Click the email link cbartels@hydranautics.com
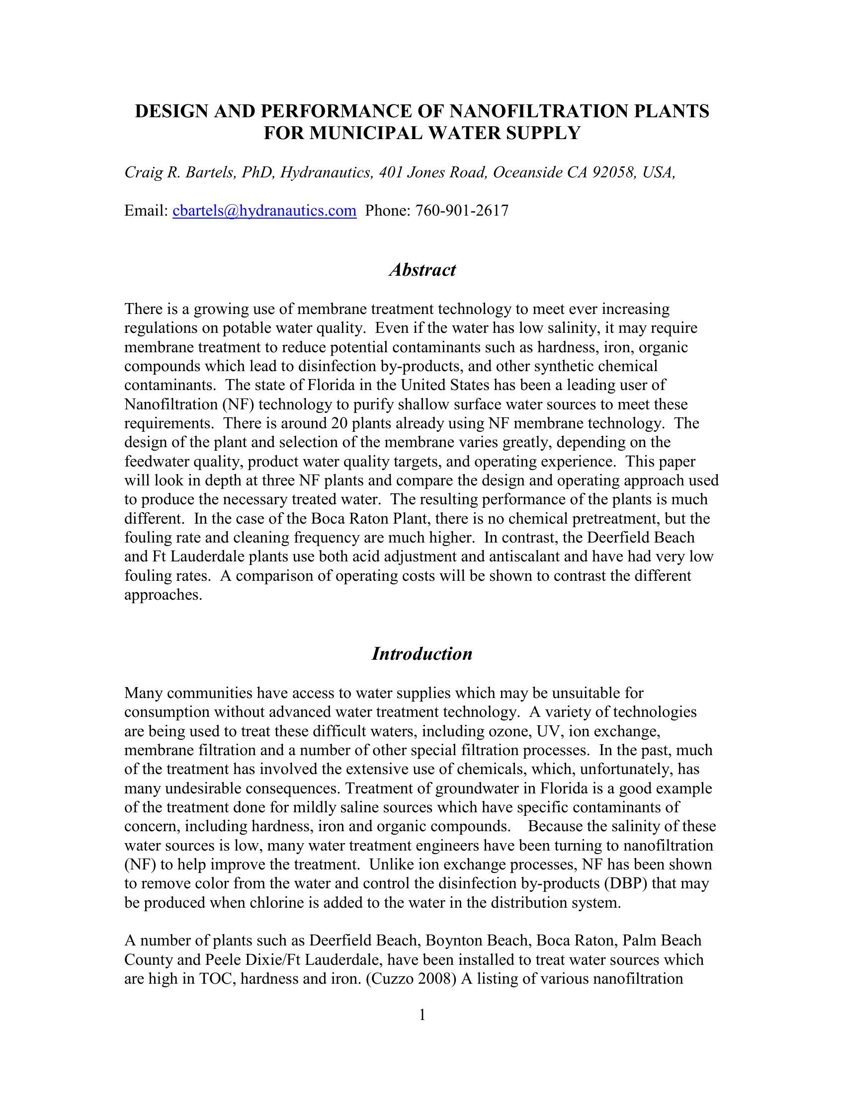pyautogui.click(x=264, y=211)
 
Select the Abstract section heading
pyautogui.click(x=422, y=270)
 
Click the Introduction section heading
pyautogui.click(x=422, y=654)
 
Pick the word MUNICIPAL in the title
pyautogui.click(x=367, y=133)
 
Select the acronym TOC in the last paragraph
pyautogui.click(x=217, y=978)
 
